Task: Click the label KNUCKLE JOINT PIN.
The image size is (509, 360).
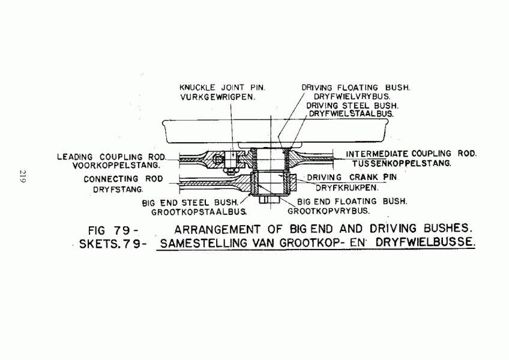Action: pyautogui.click(x=222, y=88)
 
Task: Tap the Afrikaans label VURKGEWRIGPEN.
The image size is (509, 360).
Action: pyautogui.click(x=218, y=97)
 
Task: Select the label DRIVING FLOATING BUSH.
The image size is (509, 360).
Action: pyautogui.click(x=356, y=88)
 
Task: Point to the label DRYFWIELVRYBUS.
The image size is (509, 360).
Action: pyautogui.click(x=352, y=97)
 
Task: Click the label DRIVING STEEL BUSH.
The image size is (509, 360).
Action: pyautogui.click(x=352, y=106)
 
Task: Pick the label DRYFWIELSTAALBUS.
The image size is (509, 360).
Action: pyautogui.click(x=351, y=114)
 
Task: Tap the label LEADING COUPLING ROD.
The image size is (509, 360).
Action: pyautogui.click(x=112, y=157)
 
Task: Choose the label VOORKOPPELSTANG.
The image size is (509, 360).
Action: pyautogui.click(x=116, y=165)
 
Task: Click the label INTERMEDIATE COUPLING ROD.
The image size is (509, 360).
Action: pyautogui.click(x=411, y=154)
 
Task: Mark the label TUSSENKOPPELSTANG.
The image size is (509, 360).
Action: pyautogui.click(x=402, y=163)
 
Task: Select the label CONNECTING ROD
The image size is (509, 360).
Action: pyautogui.click(x=123, y=179)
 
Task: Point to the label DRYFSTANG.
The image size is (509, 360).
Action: pyautogui.click(x=118, y=190)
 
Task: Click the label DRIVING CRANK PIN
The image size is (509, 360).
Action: pyautogui.click(x=352, y=178)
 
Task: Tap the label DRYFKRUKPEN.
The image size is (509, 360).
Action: pyautogui.click(x=347, y=188)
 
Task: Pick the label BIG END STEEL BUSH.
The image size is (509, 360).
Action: pyautogui.click(x=190, y=203)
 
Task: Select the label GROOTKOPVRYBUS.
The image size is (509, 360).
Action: pyautogui.click(x=329, y=211)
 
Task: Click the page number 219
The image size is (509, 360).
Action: pyautogui.click(x=23, y=176)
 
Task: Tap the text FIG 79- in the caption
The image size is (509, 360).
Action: pyautogui.click(x=113, y=230)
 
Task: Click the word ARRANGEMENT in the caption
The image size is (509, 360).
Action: pyautogui.click(x=217, y=230)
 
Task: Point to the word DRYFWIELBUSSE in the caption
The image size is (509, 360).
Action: pyautogui.click(x=425, y=242)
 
